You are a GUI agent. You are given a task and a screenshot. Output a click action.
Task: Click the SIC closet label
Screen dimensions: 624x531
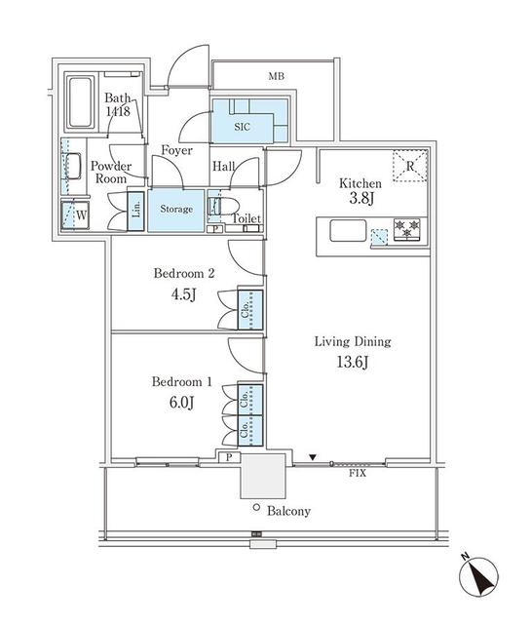[242, 124]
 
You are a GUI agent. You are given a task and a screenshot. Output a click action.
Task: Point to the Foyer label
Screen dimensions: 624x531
[176, 151]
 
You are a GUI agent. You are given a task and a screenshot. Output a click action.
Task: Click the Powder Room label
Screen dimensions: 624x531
[111, 173]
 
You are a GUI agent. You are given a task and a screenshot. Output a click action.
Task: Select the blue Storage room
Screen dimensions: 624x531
[175, 209]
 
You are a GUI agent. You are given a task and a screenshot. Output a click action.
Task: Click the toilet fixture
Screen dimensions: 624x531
[219, 209]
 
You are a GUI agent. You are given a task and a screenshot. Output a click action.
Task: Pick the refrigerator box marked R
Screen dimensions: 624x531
[410, 167]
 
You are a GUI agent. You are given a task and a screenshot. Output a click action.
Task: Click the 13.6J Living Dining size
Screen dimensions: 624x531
[352, 363]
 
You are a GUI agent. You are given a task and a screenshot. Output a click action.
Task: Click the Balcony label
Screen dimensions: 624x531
[287, 511]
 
